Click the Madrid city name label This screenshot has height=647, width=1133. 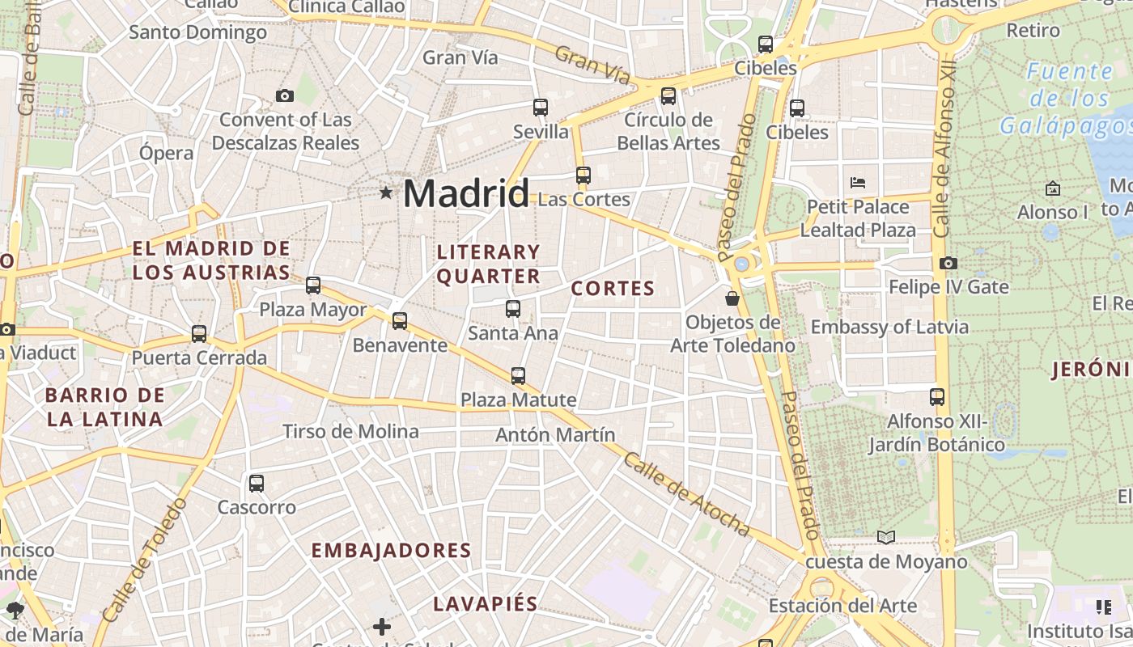[x=465, y=193]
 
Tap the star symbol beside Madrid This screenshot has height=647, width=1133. [x=387, y=192]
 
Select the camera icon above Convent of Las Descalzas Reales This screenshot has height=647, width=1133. [x=284, y=95]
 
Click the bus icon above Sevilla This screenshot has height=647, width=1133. [x=541, y=107]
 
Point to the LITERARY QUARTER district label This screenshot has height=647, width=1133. [x=488, y=264]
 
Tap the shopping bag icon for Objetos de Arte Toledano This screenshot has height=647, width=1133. [x=732, y=298]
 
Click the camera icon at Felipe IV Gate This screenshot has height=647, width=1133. [x=948, y=263]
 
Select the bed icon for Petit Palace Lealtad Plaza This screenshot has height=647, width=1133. [x=858, y=182]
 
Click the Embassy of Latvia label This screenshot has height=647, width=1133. [x=889, y=327]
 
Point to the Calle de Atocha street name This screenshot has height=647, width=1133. [x=686, y=493]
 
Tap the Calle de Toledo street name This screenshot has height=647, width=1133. [x=146, y=558]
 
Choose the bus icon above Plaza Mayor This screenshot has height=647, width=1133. [x=313, y=285]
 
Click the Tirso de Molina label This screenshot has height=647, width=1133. [x=350, y=431]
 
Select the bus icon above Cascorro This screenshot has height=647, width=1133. [x=257, y=484]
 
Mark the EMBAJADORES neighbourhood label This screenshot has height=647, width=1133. [x=391, y=550]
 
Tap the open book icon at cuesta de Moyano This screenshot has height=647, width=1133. [x=886, y=537]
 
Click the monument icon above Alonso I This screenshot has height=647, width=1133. [x=1052, y=188]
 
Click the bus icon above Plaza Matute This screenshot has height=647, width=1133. [x=518, y=375]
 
